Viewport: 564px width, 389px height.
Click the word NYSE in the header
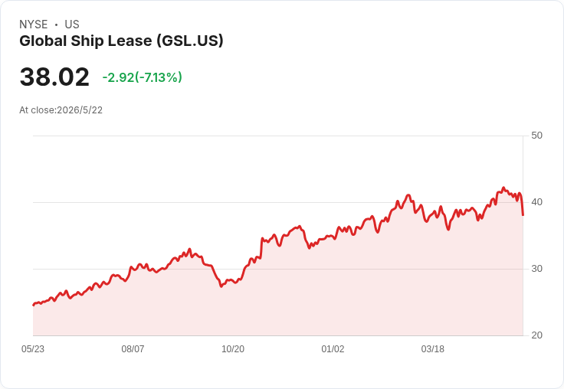(34, 25)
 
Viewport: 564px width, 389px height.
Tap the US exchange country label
(72, 25)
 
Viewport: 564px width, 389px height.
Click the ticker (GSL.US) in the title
(190, 41)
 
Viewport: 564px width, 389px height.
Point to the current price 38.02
(54, 77)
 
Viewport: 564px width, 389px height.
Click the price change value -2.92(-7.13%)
(143, 77)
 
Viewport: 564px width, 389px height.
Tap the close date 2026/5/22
(80, 110)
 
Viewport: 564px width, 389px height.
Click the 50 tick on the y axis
(536, 136)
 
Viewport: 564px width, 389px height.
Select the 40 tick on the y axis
(536, 202)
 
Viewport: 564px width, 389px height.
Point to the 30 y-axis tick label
(536, 269)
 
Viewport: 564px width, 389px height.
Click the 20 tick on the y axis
(536, 335)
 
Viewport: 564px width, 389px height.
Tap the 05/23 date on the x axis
(33, 349)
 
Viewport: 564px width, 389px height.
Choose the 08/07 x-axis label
(133, 349)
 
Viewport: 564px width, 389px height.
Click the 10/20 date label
(233, 349)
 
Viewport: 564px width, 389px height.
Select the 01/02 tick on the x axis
(333, 349)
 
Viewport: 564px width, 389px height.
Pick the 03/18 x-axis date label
(433, 349)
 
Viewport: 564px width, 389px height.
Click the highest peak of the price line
(503, 188)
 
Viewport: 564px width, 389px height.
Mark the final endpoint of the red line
(523, 215)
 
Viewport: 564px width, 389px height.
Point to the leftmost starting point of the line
(33, 305)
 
